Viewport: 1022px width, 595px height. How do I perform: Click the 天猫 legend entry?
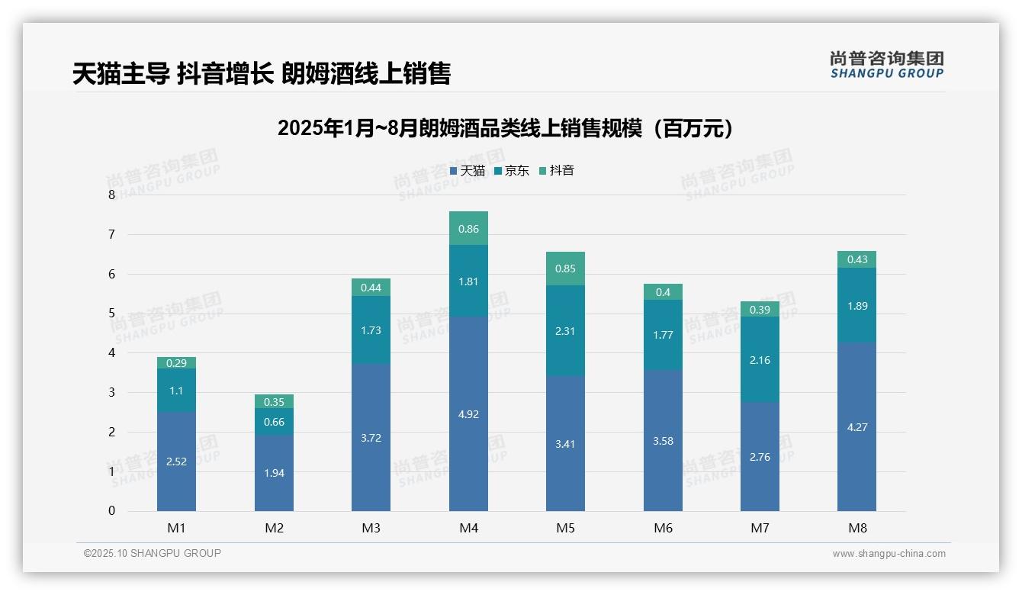[468, 171]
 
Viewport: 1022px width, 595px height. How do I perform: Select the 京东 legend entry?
[512, 171]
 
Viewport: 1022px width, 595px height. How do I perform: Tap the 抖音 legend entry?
[557, 171]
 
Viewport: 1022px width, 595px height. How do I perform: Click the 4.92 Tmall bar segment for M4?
[468, 414]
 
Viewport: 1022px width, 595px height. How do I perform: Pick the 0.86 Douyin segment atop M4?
[468, 228]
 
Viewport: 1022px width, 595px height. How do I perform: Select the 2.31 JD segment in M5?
[565, 331]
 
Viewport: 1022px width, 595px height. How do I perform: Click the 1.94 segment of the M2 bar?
[274, 473]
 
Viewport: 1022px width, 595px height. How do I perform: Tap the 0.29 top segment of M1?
[176, 363]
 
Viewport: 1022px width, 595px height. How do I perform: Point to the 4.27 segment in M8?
[856, 427]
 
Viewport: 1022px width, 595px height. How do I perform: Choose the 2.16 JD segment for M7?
[760, 359]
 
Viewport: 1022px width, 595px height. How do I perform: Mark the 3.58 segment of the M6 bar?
[663, 441]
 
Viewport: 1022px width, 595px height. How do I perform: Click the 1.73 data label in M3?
[371, 330]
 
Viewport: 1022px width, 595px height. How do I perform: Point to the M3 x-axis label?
[371, 528]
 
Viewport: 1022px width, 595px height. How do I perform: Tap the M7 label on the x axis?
[760, 528]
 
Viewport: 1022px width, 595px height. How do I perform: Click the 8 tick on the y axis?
[112, 195]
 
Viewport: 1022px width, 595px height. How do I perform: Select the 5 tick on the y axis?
[112, 314]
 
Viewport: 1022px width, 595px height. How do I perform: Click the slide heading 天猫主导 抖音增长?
[262, 73]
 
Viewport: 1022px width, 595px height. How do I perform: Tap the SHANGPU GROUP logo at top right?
[886, 65]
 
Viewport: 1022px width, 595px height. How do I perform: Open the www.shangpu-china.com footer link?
[889, 554]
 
